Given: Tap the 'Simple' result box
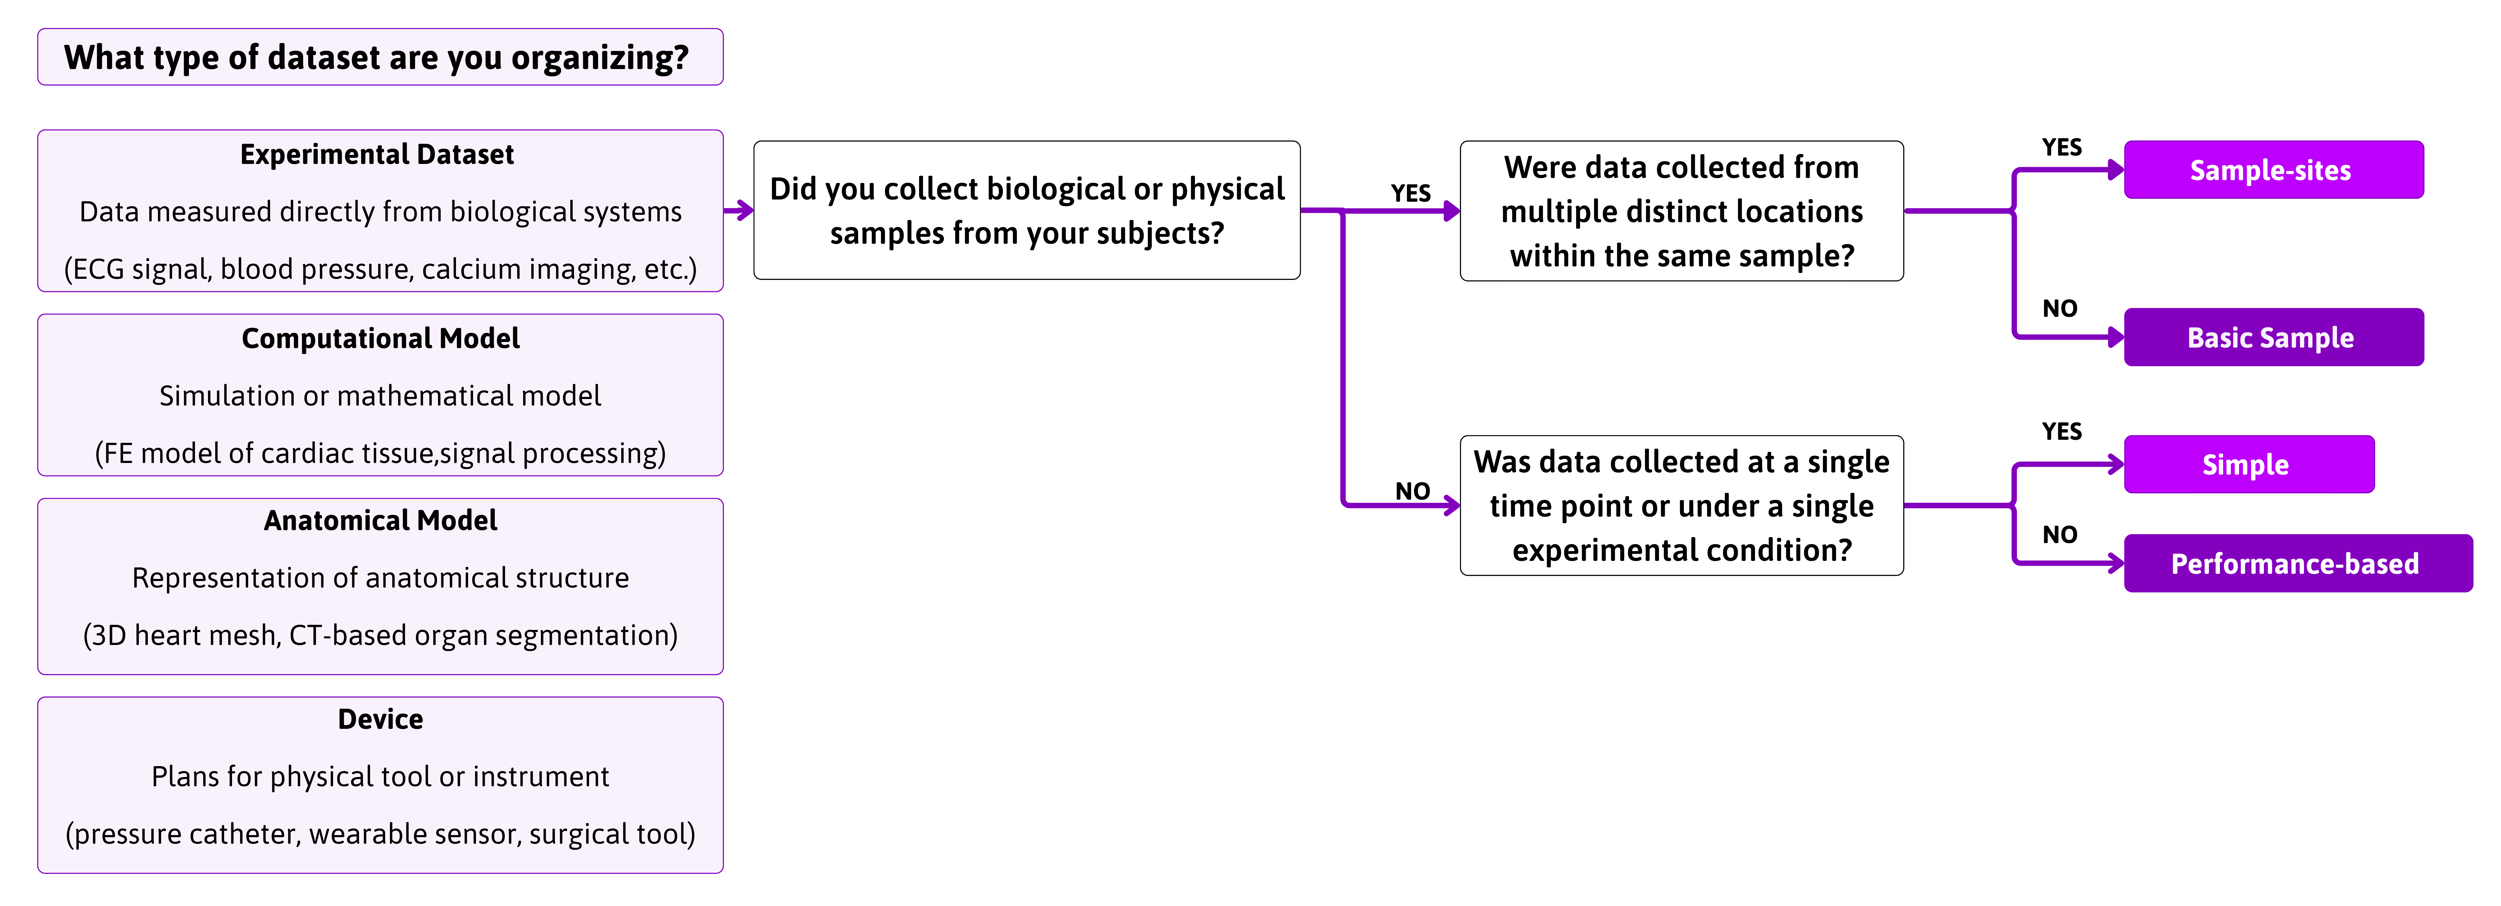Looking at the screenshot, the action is [x=2248, y=464].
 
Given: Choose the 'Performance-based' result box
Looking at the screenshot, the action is [x=2297, y=563].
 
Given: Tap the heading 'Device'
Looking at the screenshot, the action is [x=381, y=720].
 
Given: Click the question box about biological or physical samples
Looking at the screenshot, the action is [x=1027, y=211].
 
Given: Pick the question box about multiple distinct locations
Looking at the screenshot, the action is [x=1682, y=211].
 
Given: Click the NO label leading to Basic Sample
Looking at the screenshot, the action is [x=2060, y=309].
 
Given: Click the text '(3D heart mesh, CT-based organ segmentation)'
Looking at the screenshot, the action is [x=381, y=635].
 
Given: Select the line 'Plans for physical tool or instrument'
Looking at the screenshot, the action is [x=381, y=777].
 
